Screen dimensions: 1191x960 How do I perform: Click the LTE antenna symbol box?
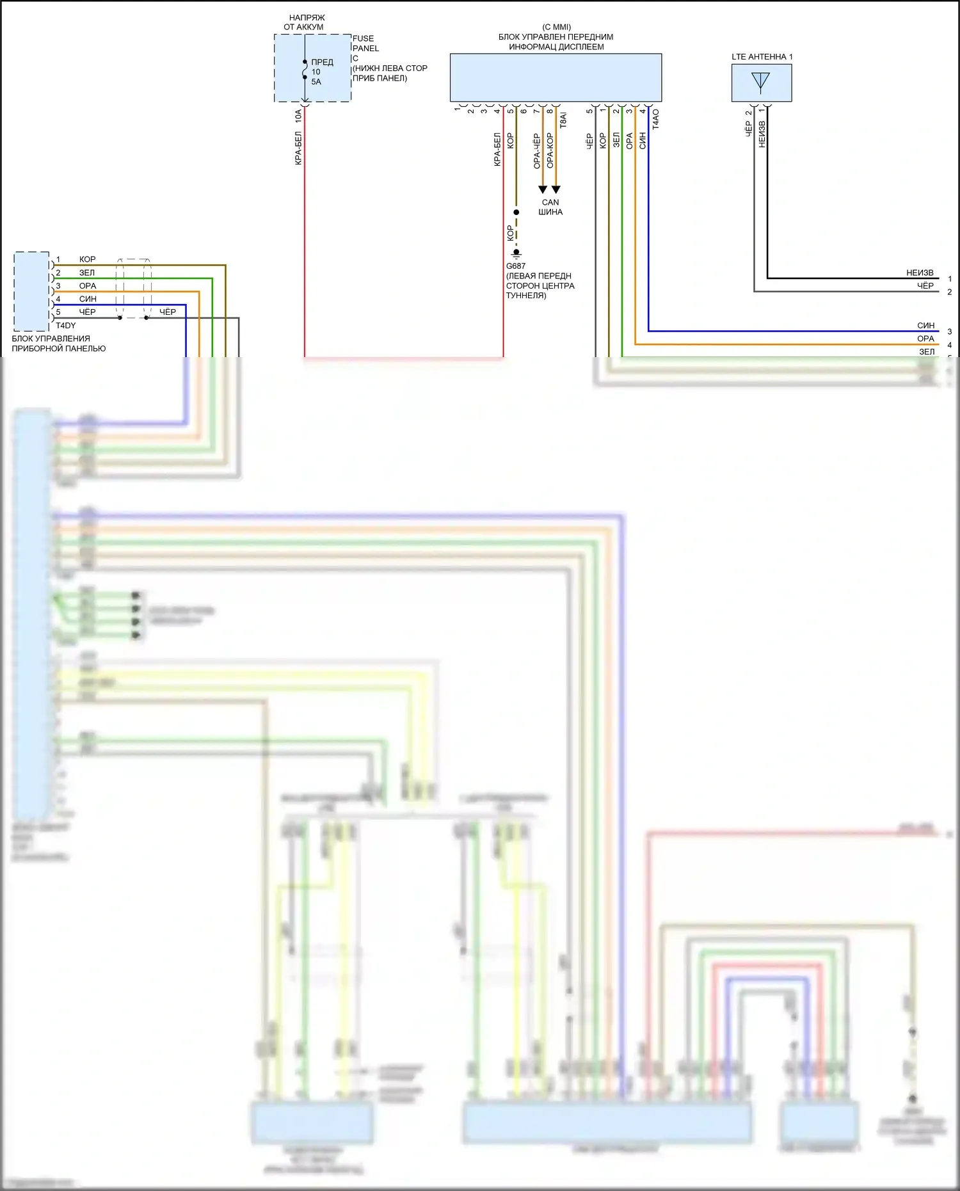pyautogui.click(x=761, y=83)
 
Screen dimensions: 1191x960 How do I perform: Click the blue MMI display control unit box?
pyautogui.click(x=556, y=77)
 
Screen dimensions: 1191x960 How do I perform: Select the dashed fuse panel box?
pyautogui.click(x=312, y=68)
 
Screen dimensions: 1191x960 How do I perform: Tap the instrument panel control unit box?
pyautogui.click(x=31, y=291)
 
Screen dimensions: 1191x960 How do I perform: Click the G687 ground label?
pyautogui.click(x=516, y=266)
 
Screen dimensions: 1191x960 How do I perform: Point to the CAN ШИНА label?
pyautogui.click(x=550, y=207)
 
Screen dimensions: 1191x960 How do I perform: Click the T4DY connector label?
pyautogui.click(x=65, y=326)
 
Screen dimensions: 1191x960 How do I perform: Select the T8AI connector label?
pyautogui.click(x=563, y=120)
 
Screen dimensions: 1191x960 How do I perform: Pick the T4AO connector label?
pyautogui.click(x=655, y=120)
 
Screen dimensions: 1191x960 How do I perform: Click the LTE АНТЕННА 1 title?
pyautogui.click(x=762, y=57)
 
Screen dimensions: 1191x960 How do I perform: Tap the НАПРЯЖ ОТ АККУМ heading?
pyautogui.click(x=305, y=22)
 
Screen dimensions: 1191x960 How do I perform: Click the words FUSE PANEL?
pyautogui.click(x=365, y=44)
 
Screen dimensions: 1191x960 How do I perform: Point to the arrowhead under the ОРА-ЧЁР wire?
pyautogui.click(x=543, y=189)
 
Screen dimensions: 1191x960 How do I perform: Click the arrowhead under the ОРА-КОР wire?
pyautogui.click(x=556, y=189)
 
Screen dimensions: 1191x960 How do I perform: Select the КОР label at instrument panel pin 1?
pyautogui.click(x=87, y=260)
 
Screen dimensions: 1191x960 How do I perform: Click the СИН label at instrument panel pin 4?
pyautogui.click(x=88, y=300)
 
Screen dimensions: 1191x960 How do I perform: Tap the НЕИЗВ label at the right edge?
pyautogui.click(x=920, y=273)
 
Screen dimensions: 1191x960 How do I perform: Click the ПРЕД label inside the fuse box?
pyautogui.click(x=322, y=63)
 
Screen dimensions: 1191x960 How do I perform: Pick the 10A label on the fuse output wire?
pyautogui.click(x=298, y=116)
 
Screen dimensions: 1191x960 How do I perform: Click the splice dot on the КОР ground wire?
pyautogui.click(x=516, y=212)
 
